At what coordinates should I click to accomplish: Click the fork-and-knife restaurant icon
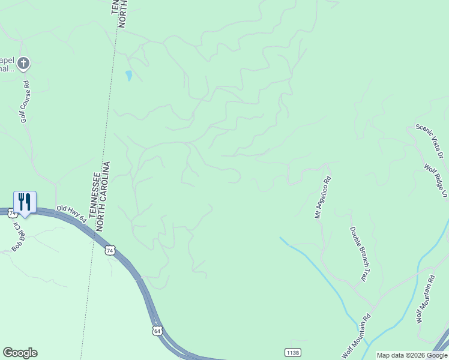click(x=25, y=202)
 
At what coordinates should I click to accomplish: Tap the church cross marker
click(x=23, y=62)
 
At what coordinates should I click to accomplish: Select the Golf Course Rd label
click(x=25, y=107)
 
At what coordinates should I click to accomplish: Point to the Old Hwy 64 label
click(x=71, y=214)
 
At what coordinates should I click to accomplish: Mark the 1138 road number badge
click(x=292, y=352)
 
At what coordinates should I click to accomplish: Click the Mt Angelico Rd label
click(x=322, y=197)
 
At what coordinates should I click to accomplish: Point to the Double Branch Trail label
click(x=358, y=254)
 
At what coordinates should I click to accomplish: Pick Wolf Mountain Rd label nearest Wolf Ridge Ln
click(x=426, y=299)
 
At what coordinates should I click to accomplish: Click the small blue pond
click(x=128, y=76)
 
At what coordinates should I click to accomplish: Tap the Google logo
click(x=20, y=353)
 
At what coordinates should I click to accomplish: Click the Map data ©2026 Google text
click(x=412, y=355)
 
